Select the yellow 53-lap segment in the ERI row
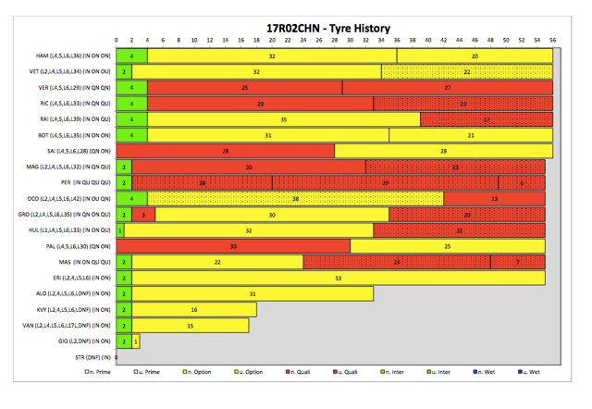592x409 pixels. (339, 278)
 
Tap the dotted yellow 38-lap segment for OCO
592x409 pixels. (295, 199)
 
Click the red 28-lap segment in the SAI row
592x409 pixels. (225, 151)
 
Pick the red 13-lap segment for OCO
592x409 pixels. (494, 199)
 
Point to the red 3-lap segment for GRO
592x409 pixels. (143, 215)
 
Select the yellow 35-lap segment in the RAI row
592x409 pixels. (283, 119)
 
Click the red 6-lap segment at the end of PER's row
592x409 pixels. (522, 183)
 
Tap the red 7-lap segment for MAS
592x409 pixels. (517, 262)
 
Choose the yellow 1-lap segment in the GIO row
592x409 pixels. (136, 341)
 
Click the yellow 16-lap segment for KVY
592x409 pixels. (194, 310)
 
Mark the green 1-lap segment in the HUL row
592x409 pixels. (120, 230)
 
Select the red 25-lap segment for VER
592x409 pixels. (244, 88)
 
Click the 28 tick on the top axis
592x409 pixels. (334, 41)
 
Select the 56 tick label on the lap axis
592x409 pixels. (552, 41)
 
